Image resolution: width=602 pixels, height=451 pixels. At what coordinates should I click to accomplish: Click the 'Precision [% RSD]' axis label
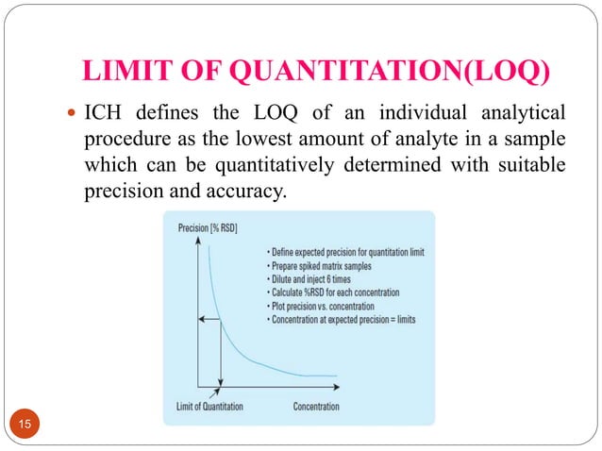pyautogui.click(x=208, y=228)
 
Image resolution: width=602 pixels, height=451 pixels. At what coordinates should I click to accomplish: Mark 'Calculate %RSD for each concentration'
pyautogui.click(x=332, y=292)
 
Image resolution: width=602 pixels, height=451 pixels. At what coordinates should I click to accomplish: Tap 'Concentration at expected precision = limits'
pyautogui.click(x=341, y=320)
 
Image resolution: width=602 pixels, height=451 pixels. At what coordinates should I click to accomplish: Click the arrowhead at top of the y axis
pyautogui.click(x=197, y=242)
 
